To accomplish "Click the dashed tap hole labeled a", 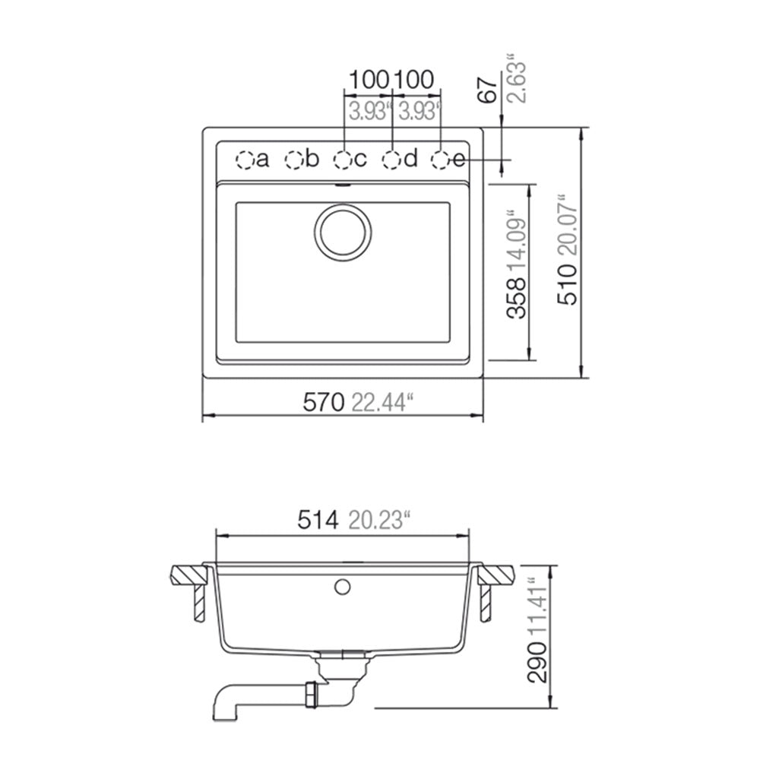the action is (x=245, y=160).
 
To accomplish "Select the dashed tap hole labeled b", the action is (x=293, y=160).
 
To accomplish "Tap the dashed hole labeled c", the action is (x=343, y=160).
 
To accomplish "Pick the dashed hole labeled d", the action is (x=391, y=160).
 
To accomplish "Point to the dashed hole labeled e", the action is (x=440, y=160).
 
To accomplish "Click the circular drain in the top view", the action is (x=343, y=232).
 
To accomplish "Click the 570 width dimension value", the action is (x=323, y=402).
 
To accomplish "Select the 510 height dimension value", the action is (x=568, y=285).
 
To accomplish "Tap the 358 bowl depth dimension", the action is (x=516, y=298).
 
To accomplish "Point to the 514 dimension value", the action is (x=318, y=520).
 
